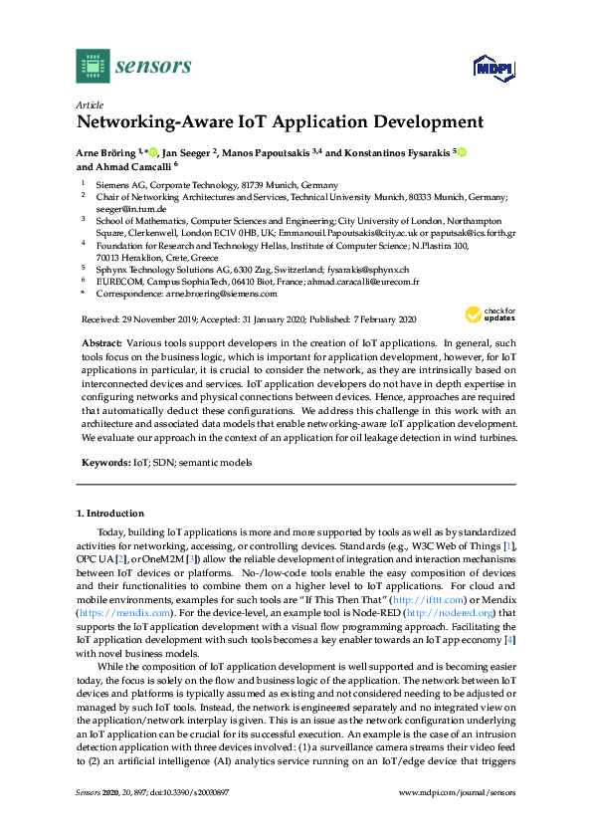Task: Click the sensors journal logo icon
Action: (x=93, y=66)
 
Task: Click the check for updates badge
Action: (x=489, y=315)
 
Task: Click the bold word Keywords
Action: (x=104, y=463)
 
